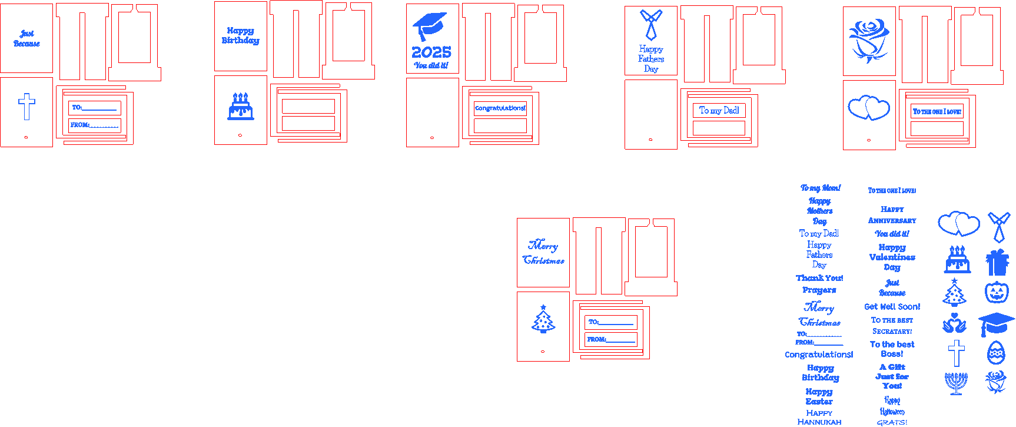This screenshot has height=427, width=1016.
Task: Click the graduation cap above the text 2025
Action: tap(430, 27)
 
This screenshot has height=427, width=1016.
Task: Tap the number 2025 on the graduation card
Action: tap(431, 52)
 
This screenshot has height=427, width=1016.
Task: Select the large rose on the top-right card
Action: tap(869, 40)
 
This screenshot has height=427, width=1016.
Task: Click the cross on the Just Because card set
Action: tap(26, 106)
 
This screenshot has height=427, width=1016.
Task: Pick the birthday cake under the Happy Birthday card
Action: tap(241, 107)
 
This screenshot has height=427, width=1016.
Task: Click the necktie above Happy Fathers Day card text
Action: tap(650, 24)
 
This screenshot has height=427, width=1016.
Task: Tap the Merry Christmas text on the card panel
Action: tap(543, 253)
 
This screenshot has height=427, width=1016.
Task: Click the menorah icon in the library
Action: tap(956, 383)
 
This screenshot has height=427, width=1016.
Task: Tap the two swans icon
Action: tap(954, 323)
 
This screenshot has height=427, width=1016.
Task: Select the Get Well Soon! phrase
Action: tap(892, 307)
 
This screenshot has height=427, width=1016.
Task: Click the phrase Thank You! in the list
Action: tap(819, 278)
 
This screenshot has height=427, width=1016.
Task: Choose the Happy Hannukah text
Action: tap(819, 418)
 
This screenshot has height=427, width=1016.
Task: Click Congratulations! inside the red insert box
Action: tap(500, 108)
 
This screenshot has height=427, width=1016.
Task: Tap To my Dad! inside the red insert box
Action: tap(719, 110)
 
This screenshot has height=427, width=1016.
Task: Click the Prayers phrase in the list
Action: tap(819, 290)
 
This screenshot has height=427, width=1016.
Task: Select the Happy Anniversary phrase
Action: tap(892, 215)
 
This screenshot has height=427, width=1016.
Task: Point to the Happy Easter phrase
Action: tap(819, 396)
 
